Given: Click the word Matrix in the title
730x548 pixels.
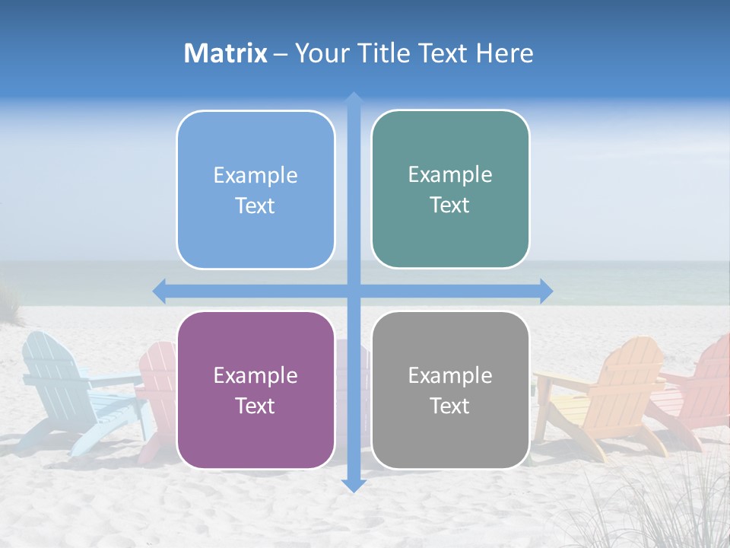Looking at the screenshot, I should click(226, 53).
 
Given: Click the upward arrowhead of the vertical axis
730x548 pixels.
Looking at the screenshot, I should click(353, 99).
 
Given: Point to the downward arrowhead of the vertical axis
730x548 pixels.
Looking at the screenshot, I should click(353, 485).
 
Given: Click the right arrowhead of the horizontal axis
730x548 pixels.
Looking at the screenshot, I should click(545, 291).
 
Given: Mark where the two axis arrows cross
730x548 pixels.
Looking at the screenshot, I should click(353, 291).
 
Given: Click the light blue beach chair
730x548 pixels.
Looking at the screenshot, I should click(68, 388).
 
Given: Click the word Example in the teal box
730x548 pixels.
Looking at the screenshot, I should click(450, 174).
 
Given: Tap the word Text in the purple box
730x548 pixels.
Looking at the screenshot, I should click(255, 406).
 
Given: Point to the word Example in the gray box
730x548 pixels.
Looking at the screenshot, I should click(450, 375).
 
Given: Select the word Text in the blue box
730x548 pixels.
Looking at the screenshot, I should click(255, 205).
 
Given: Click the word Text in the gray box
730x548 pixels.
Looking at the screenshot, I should click(450, 406).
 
